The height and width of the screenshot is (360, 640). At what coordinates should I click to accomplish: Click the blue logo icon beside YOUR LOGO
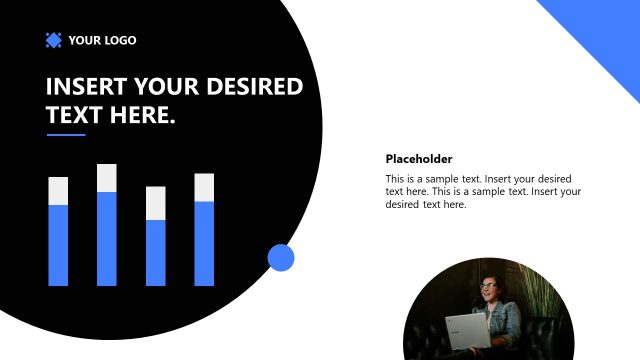tap(54, 40)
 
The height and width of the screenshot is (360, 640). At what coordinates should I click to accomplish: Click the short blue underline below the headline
tap(66, 135)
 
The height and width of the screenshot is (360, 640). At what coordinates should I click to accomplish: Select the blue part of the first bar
tap(58, 245)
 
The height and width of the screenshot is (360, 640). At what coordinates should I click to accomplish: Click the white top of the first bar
tap(58, 191)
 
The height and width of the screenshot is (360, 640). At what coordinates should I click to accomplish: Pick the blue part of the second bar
tap(107, 238)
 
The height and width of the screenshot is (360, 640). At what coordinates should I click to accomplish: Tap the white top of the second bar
tap(107, 178)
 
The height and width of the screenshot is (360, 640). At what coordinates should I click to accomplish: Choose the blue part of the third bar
tap(156, 252)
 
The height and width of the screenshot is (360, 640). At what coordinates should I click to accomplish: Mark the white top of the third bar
tap(156, 203)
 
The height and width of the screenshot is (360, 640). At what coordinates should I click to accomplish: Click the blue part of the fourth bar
tap(204, 243)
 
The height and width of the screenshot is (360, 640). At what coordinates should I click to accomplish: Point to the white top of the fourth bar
tap(204, 187)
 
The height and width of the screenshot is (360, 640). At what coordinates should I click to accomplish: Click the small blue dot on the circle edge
tap(281, 258)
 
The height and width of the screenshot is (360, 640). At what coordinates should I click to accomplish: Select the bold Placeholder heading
tap(419, 159)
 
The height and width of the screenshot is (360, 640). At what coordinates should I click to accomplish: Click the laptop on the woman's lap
tap(466, 330)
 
